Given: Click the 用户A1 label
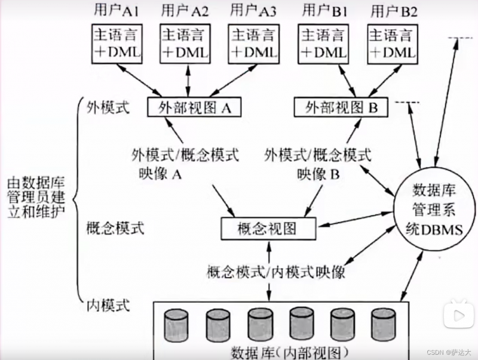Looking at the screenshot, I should click(115, 10).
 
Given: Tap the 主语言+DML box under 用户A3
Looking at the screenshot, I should click(253, 44).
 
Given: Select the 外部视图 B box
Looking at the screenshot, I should click(341, 107).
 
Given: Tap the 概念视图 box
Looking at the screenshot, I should click(267, 227).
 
